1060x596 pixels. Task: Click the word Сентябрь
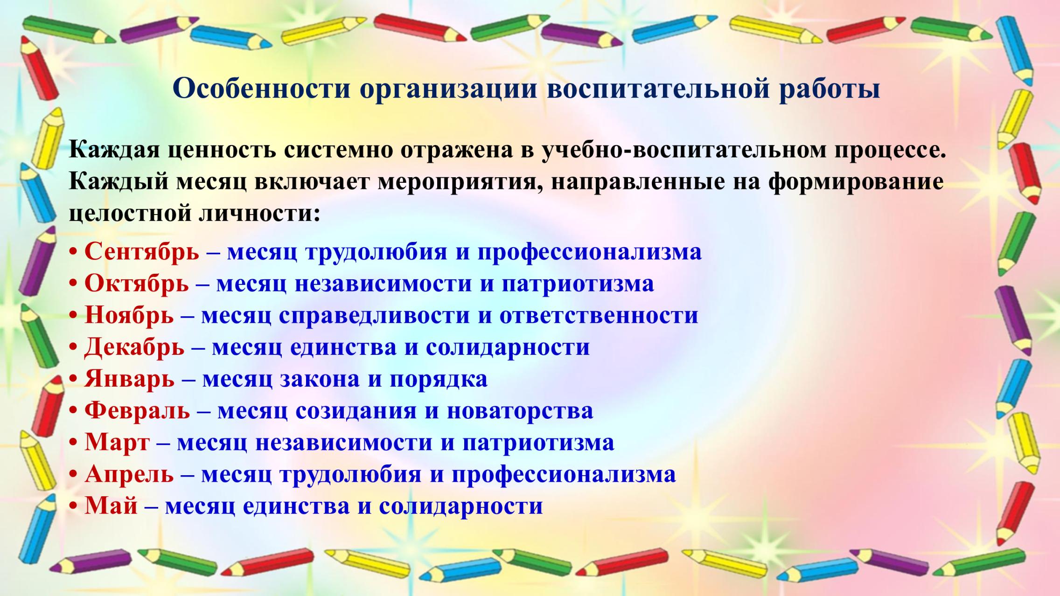click(x=142, y=252)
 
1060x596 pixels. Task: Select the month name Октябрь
click(x=137, y=284)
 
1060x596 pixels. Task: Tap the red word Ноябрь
click(x=129, y=316)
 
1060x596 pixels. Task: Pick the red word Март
click(x=117, y=443)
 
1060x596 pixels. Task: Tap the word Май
click(x=111, y=506)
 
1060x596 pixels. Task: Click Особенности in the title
click(x=261, y=88)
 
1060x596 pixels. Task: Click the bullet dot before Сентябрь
click(x=73, y=252)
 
